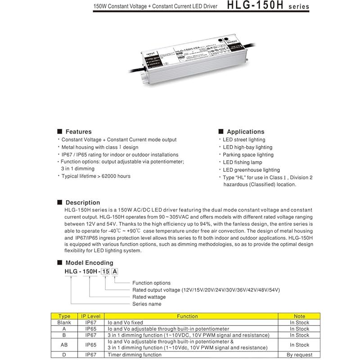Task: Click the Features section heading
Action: (78, 132)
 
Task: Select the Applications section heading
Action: (245, 132)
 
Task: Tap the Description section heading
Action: (83, 202)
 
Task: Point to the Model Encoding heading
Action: (89, 263)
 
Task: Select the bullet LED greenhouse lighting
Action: (251, 170)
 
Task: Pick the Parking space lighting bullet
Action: (248, 155)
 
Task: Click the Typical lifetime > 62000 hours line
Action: (96, 176)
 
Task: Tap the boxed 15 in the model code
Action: (105, 271)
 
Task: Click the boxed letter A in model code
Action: (115, 271)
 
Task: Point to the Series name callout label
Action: (147, 304)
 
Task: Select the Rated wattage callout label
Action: (149, 297)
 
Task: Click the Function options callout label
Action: (152, 283)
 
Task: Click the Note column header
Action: (299, 316)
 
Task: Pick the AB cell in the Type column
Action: (64, 345)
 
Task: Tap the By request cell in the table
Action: (299, 355)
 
